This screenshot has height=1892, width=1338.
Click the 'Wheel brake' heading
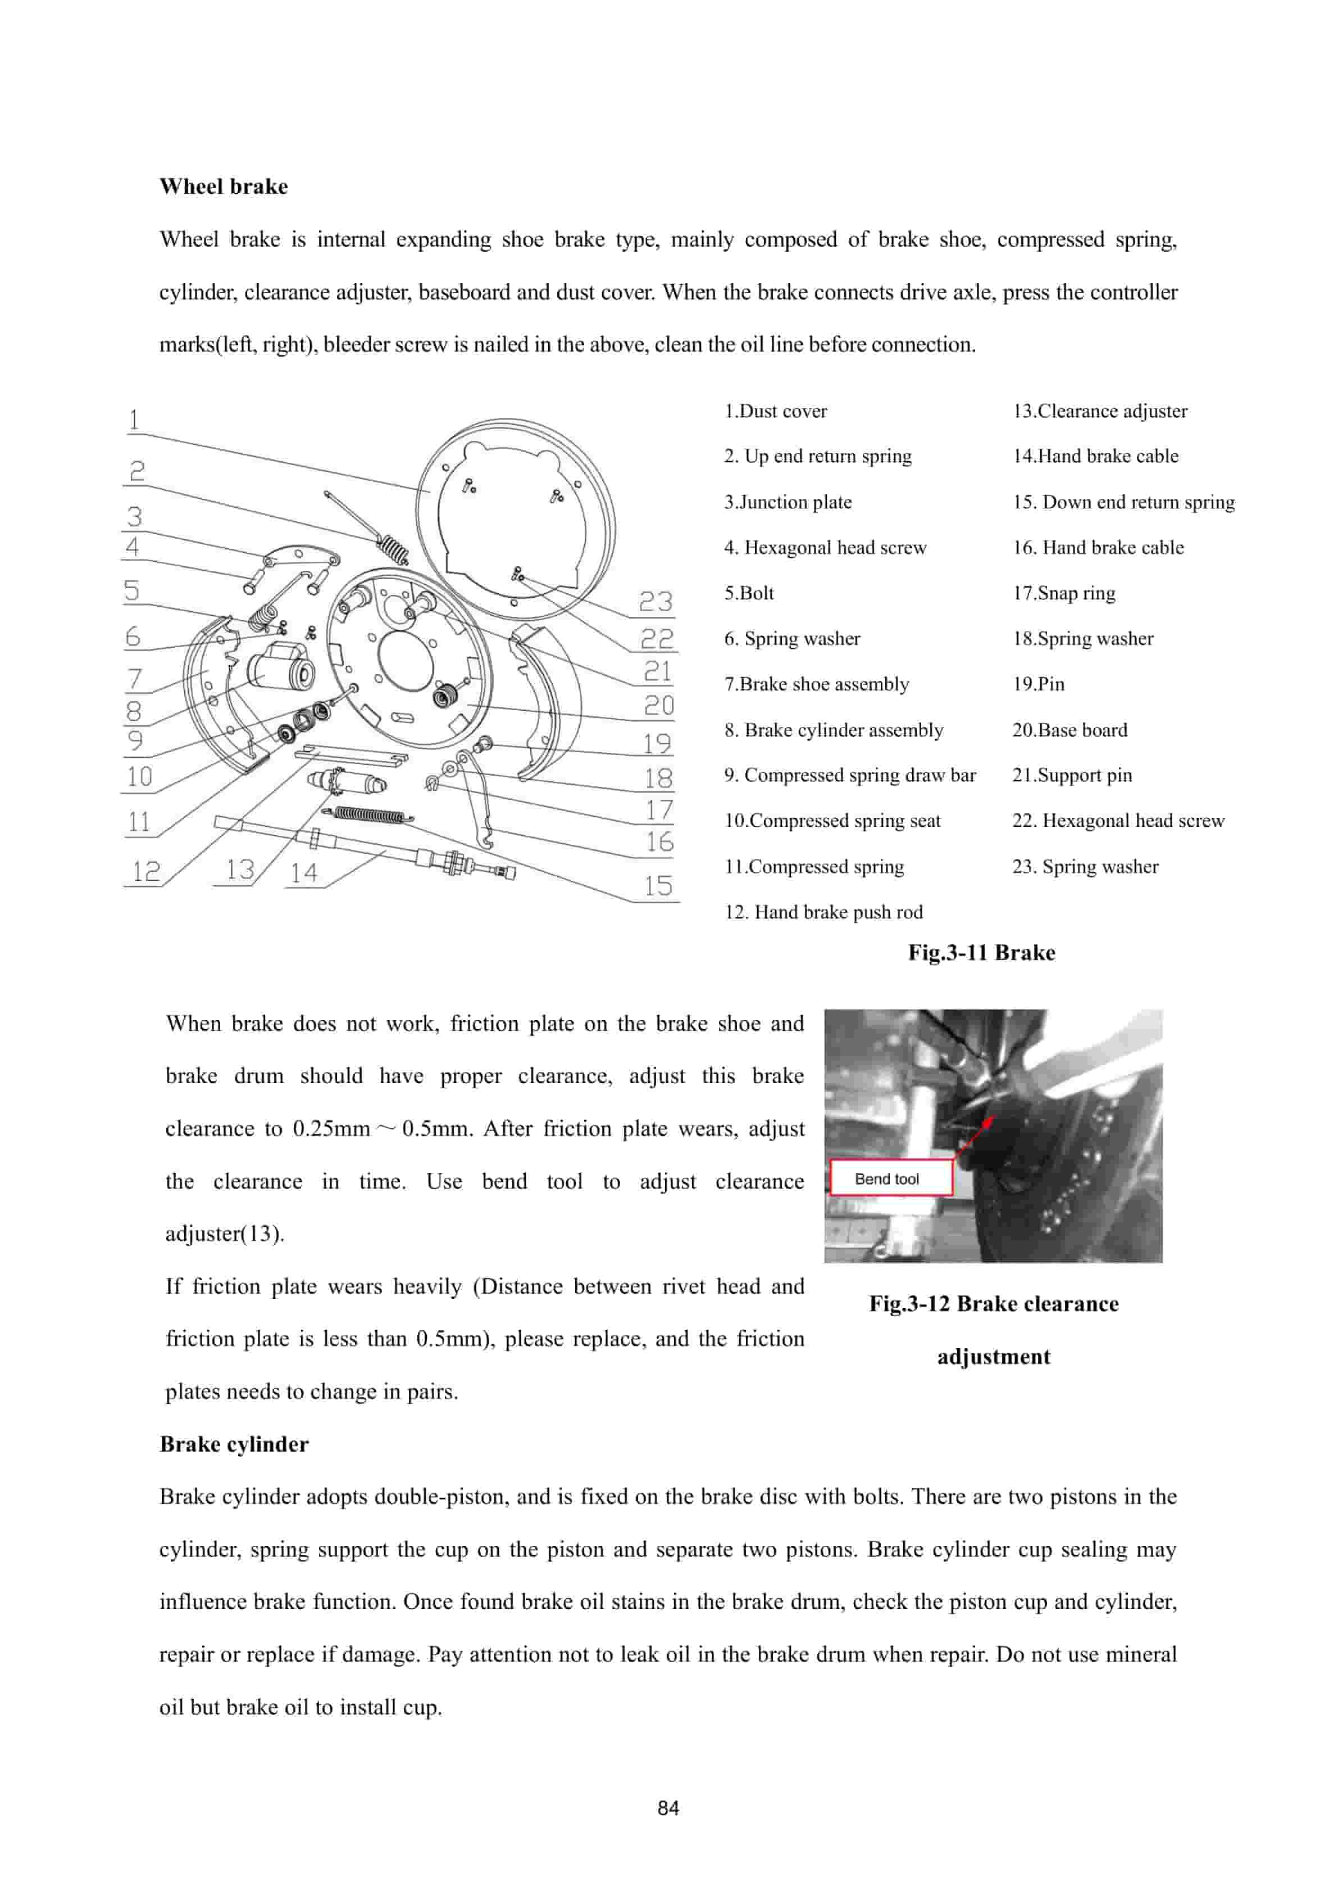pyautogui.click(x=223, y=187)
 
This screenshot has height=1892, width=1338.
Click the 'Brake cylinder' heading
pyautogui.click(x=234, y=1444)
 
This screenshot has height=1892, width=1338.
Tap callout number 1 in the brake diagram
pyautogui.click(x=134, y=420)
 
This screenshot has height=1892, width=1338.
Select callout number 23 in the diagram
pyautogui.click(x=656, y=602)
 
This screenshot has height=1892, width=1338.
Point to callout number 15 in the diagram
pyautogui.click(x=658, y=886)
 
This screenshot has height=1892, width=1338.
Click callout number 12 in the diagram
pyautogui.click(x=146, y=871)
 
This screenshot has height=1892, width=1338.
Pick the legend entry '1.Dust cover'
pyautogui.click(x=775, y=411)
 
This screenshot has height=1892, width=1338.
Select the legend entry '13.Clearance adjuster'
pyautogui.click(x=1100, y=411)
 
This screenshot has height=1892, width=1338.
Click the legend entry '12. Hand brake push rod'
pyautogui.click(x=823, y=912)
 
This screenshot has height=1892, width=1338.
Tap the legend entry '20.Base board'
pyautogui.click(x=1070, y=730)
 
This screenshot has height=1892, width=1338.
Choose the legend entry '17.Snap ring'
pyautogui.click(x=1064, y=593)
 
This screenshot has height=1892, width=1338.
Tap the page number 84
pyautogui.click(x=668, y=1808)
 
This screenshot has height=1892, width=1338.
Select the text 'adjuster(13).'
pyautogui.click(x=224, y=1234)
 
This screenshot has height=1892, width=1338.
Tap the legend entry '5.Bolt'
pyautogui.click(x=749, y=593)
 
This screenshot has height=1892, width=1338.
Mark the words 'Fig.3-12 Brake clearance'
pyautogui.click(x=994, y=1304)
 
